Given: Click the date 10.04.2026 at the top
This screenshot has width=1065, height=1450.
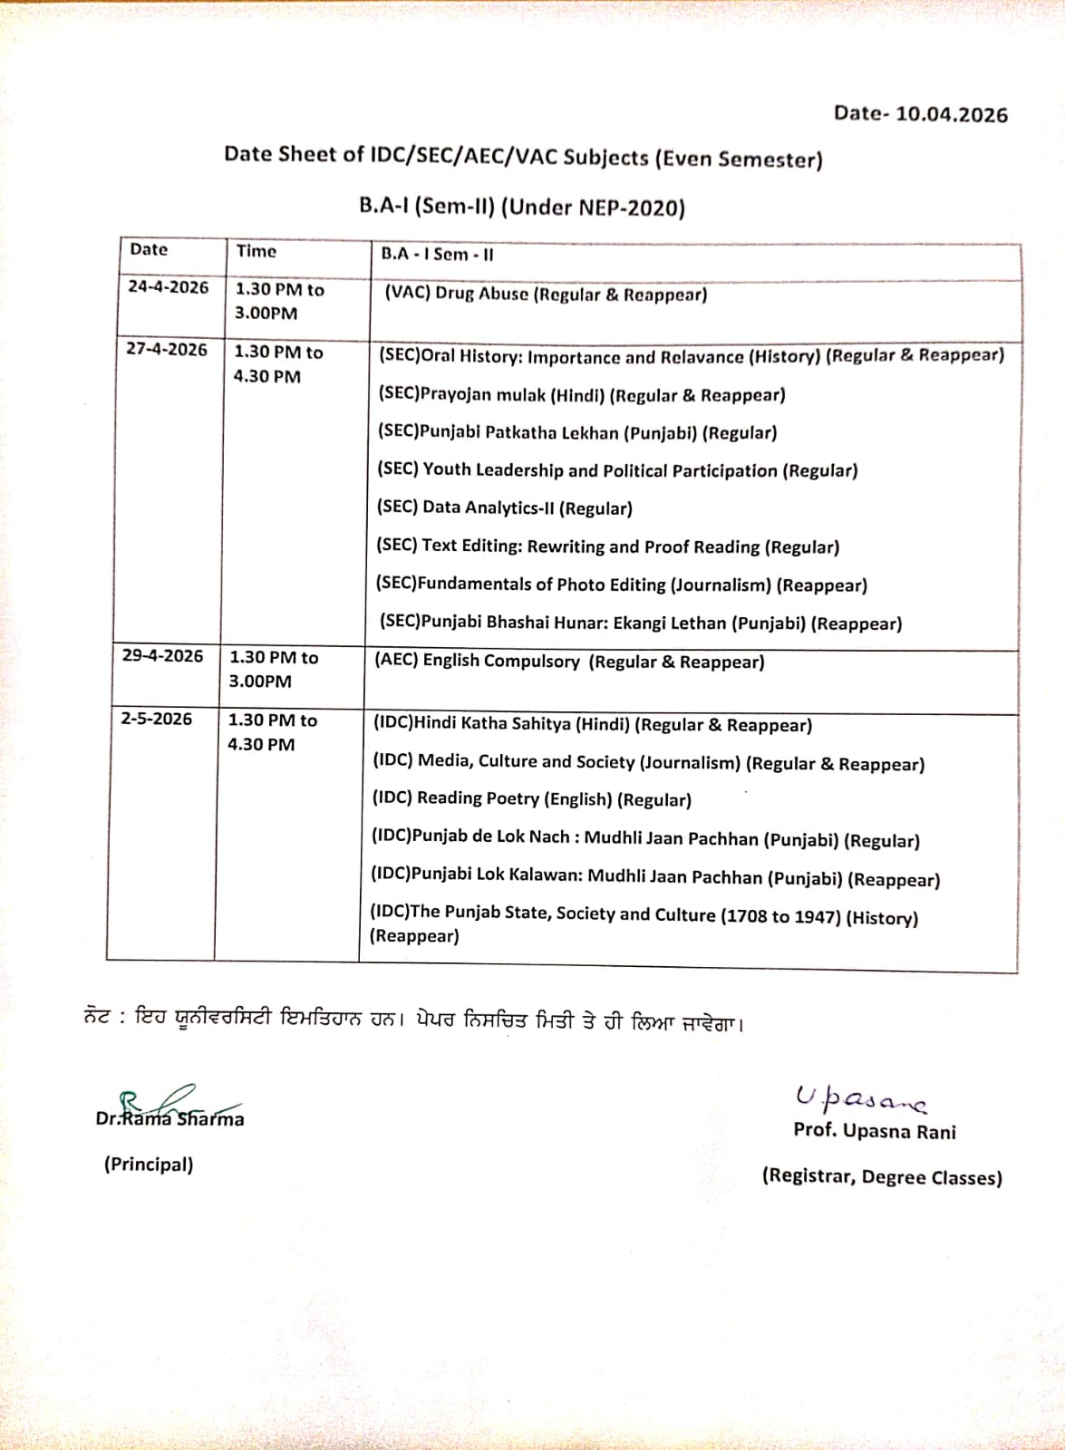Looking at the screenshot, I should coord(951,114).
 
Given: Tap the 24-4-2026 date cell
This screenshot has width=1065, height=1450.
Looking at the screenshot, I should coord(168,287).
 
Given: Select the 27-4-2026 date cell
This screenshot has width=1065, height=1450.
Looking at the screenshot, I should coord(167,350).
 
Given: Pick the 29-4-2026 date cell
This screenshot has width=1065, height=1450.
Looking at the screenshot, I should coord(163,656).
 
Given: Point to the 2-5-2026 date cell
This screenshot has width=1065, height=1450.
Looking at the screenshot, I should coord(157,719).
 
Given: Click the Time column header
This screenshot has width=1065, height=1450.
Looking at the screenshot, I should coord(257,251).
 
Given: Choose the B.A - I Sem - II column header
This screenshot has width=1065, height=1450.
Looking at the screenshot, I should coord(437,254).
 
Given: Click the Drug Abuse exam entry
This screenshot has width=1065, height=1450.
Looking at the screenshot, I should coord(545,295).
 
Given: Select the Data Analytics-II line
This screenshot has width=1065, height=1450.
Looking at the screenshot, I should coord(504,508).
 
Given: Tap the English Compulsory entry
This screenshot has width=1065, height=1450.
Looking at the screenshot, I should coord(569,662).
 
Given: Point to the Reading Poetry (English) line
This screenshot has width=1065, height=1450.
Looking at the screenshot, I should coord(531,799).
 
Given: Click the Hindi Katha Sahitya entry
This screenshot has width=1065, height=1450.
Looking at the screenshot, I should coord(592,724).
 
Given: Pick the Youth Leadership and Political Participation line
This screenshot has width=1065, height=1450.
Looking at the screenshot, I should coord(616,470).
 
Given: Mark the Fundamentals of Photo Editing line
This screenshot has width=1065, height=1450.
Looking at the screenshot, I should coord(621,585).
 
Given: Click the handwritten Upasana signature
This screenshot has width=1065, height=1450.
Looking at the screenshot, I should coord(860,1097).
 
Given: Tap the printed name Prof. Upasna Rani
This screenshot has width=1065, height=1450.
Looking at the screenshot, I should coord(874,1131).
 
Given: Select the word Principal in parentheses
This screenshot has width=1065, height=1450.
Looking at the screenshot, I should coord(149,1165).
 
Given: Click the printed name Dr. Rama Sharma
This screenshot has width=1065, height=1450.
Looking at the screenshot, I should coord(170,1119).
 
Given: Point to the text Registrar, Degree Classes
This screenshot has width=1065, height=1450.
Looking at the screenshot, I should coord(882,1177).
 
